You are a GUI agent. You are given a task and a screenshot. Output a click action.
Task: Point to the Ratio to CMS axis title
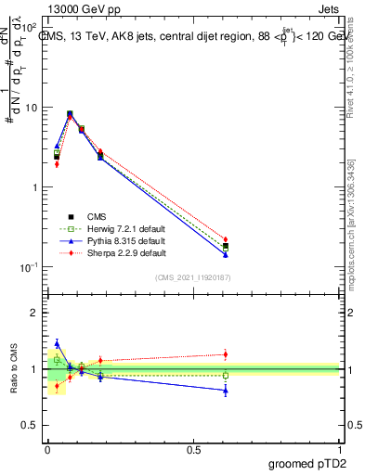coord(15,369)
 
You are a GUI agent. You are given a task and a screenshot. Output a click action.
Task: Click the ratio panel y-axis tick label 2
coord(33,313)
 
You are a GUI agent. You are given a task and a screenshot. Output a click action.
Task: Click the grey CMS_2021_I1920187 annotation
coord(193,277)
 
